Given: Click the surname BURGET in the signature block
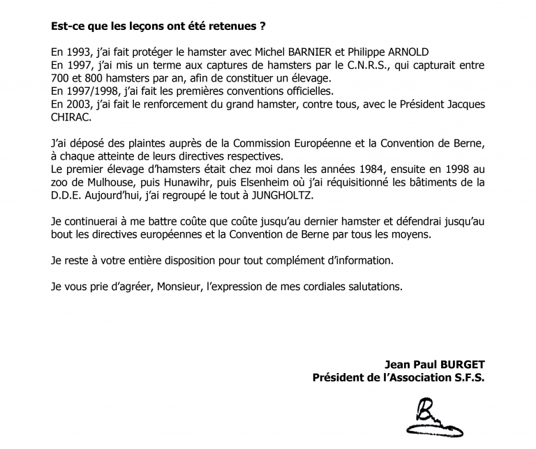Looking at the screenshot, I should tap(461, 363).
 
